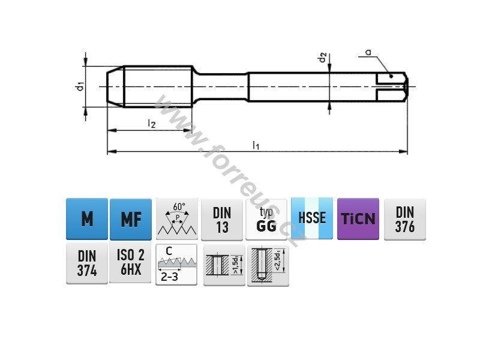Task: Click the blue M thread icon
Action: [87, 219]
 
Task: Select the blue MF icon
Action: [131, 219]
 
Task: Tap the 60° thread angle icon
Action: [176, 219]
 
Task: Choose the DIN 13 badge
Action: [222, 220]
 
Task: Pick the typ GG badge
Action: [266, 220]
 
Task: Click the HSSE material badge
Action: [312, 218]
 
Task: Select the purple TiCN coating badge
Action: [358, 219]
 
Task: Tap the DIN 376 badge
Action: [404, 220]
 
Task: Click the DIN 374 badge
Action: [87, 263]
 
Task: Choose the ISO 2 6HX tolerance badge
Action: [130, 262]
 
